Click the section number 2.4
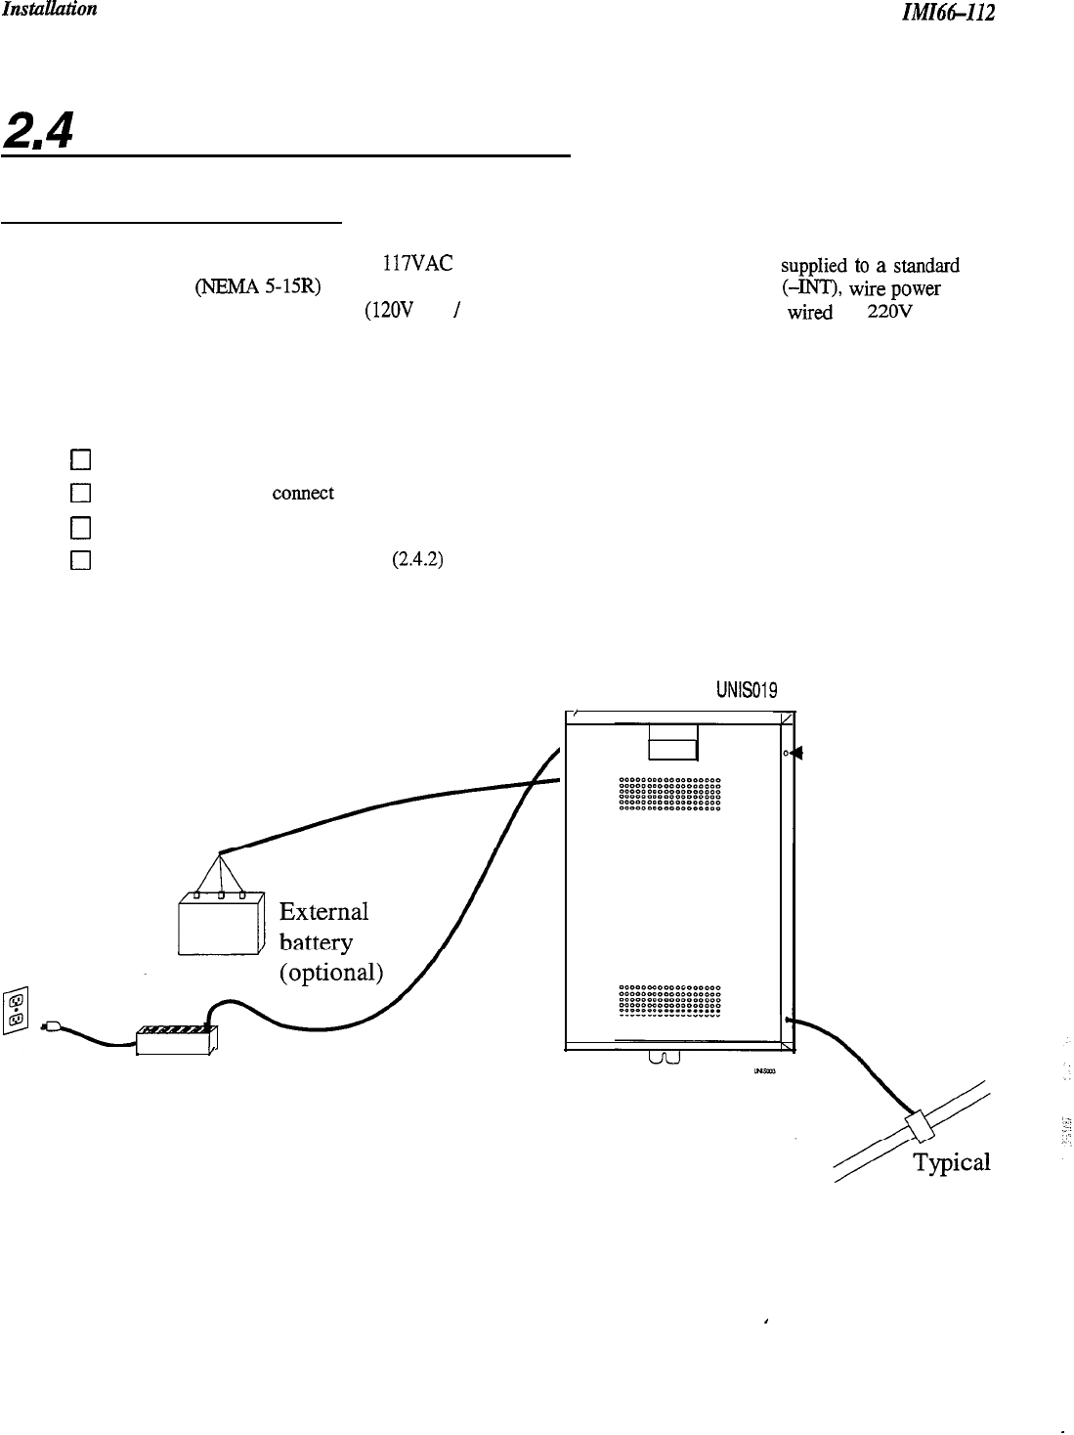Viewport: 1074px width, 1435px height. tap(38, 130)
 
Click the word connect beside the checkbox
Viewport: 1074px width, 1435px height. tap(303, 494)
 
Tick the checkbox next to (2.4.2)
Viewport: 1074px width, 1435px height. tap(81, 561)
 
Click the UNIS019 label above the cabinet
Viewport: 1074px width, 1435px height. tap(747, 691)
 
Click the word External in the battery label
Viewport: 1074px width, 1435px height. tap(323, 912)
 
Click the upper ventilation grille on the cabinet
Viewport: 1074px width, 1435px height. tap(670, 794)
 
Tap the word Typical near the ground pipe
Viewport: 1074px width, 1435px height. tap(951, 1162)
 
